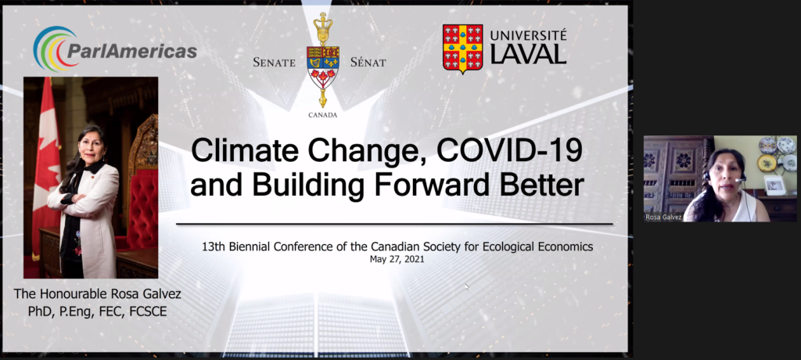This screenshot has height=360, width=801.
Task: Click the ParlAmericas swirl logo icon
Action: [50, 49]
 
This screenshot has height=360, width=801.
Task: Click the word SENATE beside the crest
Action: [275, 63]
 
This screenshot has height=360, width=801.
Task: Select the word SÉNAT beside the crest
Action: [368, 63]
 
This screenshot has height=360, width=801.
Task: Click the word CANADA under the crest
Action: [323, 115]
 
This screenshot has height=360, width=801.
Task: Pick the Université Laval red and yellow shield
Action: [463, 49]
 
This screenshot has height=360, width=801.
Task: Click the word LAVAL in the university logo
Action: [528, 54]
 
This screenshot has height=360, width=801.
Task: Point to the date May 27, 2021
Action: [397, 259]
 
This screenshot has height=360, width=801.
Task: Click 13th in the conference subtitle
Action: [212, 247]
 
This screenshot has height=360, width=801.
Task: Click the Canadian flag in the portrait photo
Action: [47, 164]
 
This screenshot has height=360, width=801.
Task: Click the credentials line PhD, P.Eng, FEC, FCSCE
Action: [98, 311]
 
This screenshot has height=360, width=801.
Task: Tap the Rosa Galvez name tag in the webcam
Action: [663, 217]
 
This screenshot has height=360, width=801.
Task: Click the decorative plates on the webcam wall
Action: [776, 153]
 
